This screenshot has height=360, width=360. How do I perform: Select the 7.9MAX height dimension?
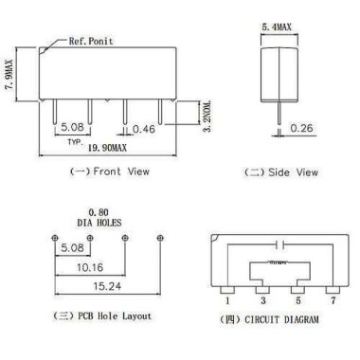10,73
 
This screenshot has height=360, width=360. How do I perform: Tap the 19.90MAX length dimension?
98,150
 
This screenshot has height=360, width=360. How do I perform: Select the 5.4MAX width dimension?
276,29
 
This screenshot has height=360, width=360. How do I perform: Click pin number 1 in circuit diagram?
227,299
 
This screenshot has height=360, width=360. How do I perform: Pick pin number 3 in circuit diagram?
262,299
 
